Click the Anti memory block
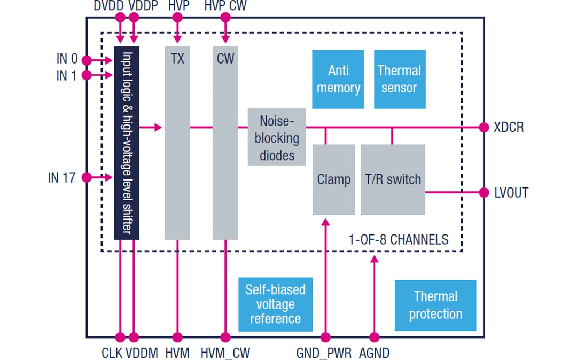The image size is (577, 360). [338, 80]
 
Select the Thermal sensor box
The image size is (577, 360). [399, 80]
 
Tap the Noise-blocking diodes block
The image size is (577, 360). [276, 137]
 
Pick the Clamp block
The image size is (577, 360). [333, 179]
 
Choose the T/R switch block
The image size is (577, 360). [393, 179]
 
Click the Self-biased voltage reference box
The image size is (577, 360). [275, 304]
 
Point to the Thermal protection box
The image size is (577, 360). [435, 305]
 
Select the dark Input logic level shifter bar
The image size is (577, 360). [127, 143]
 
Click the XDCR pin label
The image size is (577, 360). [509, 128]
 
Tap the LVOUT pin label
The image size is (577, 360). [511, 193]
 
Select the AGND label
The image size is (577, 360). [374, 353]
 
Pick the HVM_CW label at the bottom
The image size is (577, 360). [225, 353]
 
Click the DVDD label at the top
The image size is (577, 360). [110, 6]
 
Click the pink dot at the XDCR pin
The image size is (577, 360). [484, 128]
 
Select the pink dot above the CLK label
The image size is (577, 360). [120, 338]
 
